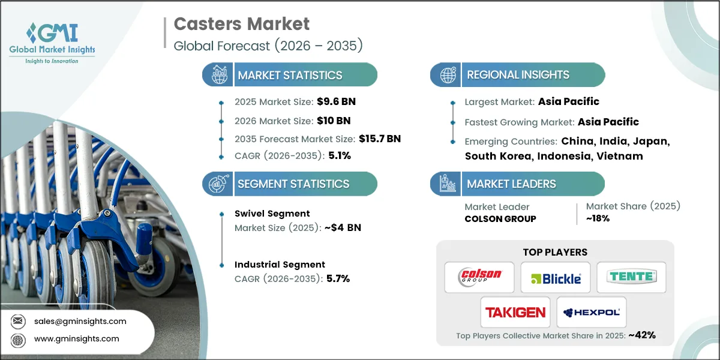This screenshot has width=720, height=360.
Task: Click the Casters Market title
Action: (241, 24)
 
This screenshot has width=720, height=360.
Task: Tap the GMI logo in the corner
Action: (52, 43)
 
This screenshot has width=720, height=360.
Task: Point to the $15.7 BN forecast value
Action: (372, 139)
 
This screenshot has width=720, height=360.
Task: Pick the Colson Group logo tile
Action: (479, 277)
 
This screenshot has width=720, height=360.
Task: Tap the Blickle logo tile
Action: (555, 278)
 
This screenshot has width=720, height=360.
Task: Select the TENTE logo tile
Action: (631, 277)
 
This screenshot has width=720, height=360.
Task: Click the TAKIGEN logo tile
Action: (516, 312)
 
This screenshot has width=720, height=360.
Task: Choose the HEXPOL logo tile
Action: (592, 312)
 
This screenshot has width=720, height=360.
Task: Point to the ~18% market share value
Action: (598, 218)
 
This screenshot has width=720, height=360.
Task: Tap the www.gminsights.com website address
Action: (77, 338)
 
